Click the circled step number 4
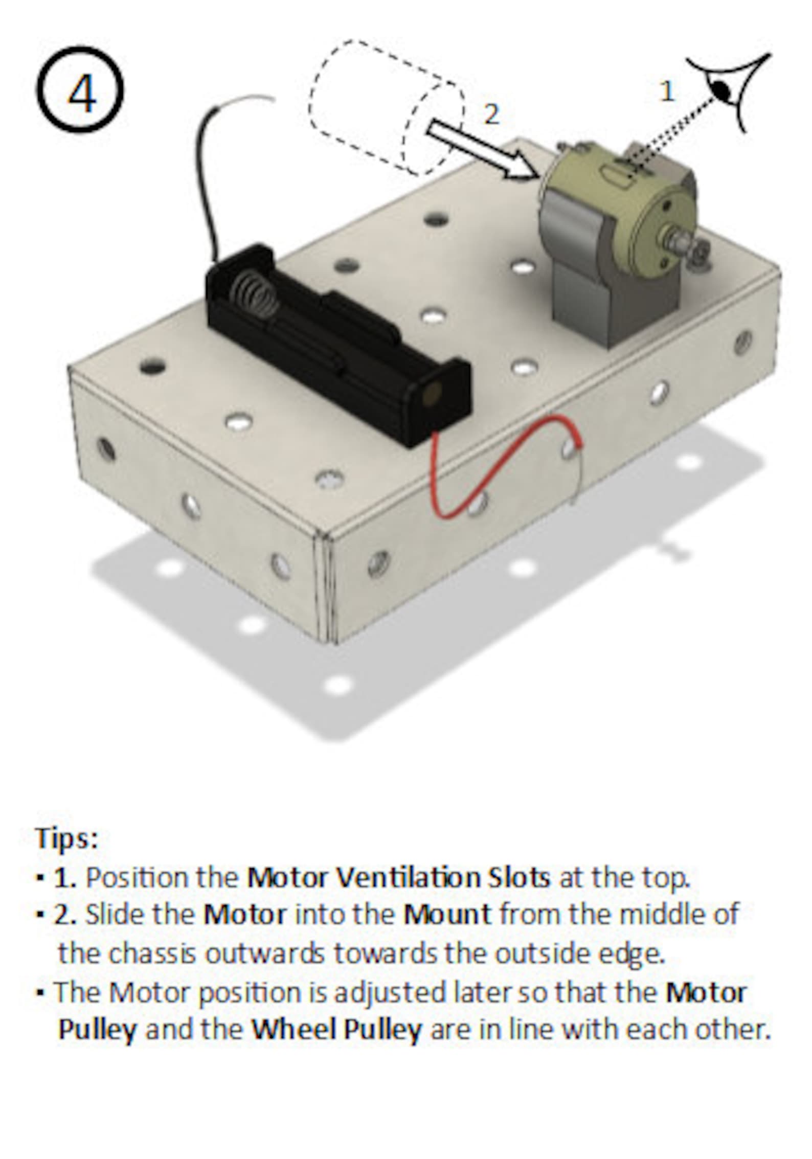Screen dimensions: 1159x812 (80, 90)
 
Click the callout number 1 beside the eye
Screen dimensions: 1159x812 (666, 92)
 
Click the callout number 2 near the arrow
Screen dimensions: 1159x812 (491, 114)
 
